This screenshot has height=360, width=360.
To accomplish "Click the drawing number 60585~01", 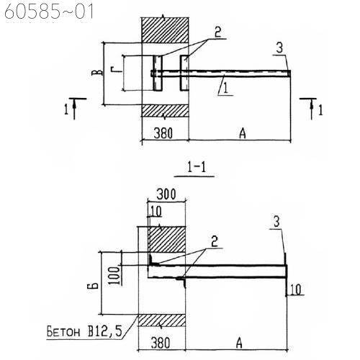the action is pyautogui.click(x=49, y=12).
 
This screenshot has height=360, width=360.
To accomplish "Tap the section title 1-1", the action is pyautogui.click(x=197, y=167).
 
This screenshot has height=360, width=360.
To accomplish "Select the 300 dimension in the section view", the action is pyautogui.click(x=166, y=194).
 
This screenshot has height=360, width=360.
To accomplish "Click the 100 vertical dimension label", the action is pyautogui.click(x=116, y=275).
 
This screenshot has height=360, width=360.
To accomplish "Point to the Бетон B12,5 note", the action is pyautogui.click(x=84, y=332).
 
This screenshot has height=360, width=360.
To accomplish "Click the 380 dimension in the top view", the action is pyautogui.click(x=163, y=133).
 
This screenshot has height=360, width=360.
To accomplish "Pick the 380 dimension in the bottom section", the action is pyautogui.click(x=161, y=343).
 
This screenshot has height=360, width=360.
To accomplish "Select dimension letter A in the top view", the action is pyautogui.click(x=243, y=133).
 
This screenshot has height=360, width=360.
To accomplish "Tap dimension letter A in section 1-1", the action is pyautogui.click(x=239, y=343).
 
